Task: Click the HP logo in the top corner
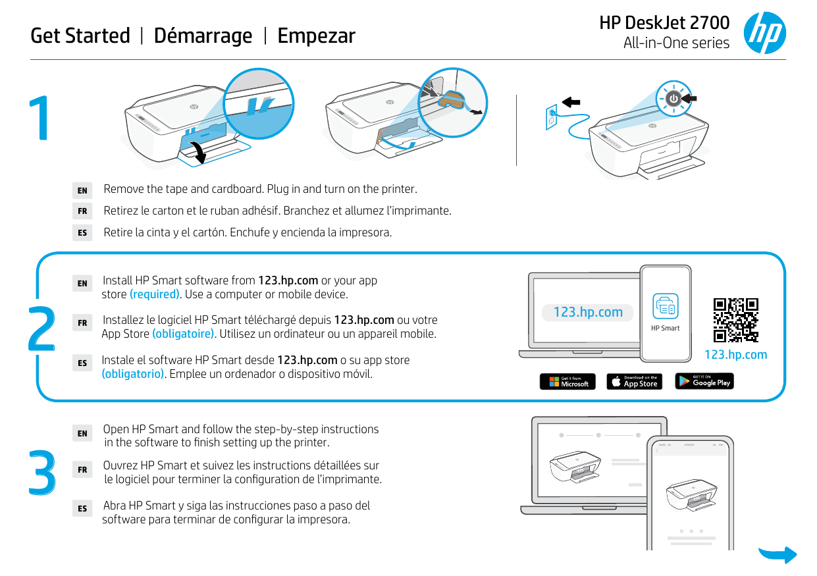764,33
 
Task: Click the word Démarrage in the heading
203,36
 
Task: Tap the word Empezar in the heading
316,36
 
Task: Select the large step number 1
41,119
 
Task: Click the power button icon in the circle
673,99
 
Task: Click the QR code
735,321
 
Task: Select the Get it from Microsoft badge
567,382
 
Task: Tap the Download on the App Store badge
633,382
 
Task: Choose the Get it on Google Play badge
704,381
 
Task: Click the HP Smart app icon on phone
665,306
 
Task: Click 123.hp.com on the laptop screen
588,312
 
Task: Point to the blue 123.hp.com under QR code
735,355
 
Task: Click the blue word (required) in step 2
155,294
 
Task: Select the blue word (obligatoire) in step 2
183,334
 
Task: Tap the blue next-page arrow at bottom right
777,554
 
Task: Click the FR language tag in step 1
82,211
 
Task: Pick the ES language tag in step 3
82,508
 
